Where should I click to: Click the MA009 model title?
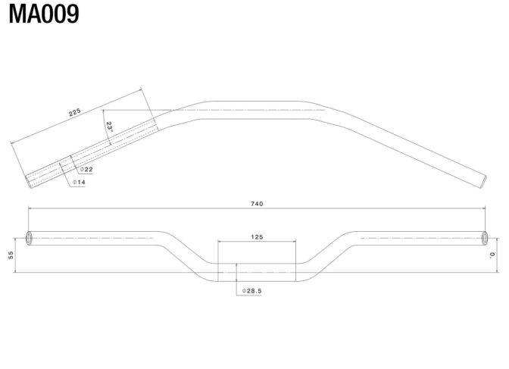44,14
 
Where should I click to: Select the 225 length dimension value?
75,112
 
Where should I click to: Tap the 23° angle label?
109,127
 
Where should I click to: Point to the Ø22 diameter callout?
86,169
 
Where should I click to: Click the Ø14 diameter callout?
79,182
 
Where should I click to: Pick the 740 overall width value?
257,204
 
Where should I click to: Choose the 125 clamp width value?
257,237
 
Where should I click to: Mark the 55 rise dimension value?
11,255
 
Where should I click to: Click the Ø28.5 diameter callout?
252,291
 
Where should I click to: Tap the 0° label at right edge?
492,255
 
